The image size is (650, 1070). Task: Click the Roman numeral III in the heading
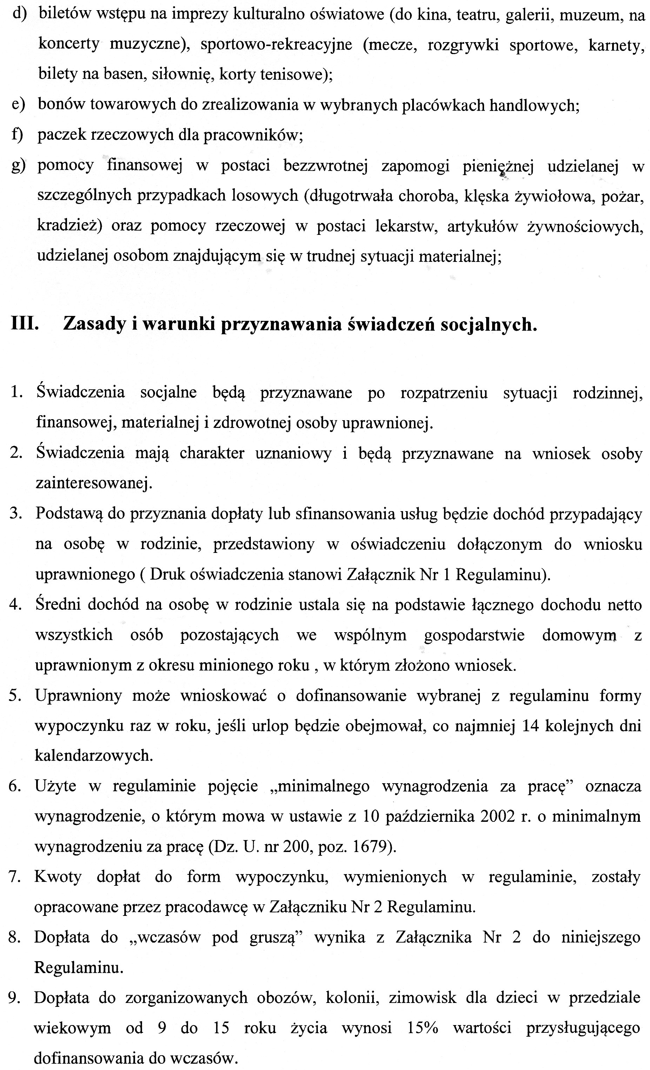tap(25, 324)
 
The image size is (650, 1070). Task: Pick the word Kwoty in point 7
tap(58, 877)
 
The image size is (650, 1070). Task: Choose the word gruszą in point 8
tap(276, 937)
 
